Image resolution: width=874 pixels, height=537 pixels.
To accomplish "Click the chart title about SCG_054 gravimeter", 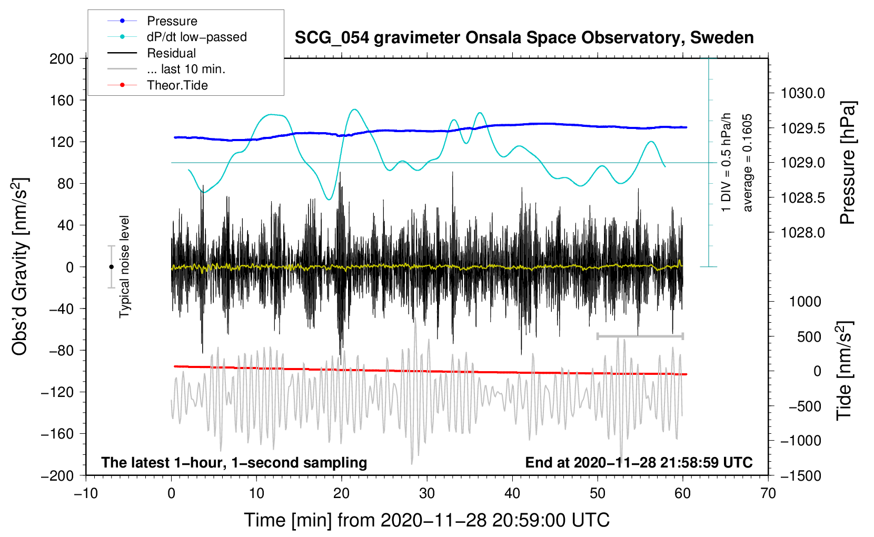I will tap(524, 38).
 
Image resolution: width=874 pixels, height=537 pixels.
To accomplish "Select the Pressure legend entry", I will tap(172, 21).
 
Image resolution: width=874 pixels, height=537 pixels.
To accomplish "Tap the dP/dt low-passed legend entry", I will tap(196, 37).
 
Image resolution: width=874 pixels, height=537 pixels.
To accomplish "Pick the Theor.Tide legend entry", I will tap(177, 85).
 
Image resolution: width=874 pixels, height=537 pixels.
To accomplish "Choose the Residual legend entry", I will tap(171, 53).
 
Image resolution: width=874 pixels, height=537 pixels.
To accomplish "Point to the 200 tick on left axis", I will tap(62, 58).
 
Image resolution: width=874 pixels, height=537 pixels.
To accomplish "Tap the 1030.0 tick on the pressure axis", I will tap(802, 94).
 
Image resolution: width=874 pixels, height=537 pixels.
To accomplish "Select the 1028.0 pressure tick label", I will tap(802, 233).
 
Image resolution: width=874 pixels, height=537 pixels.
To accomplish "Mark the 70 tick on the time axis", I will tap(768, 493).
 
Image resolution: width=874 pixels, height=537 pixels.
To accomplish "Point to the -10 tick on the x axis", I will tap(86, 493).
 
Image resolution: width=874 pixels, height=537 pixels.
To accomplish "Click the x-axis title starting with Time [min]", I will tap(426, 520).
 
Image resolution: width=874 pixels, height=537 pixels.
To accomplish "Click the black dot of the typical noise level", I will tap(111, 267).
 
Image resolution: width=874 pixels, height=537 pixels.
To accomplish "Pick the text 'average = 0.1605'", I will tap(748, 163).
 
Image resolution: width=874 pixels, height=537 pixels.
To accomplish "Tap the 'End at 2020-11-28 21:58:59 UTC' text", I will tap(639, 463).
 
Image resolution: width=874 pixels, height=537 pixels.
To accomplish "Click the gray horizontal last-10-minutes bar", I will tap(640, 336).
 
